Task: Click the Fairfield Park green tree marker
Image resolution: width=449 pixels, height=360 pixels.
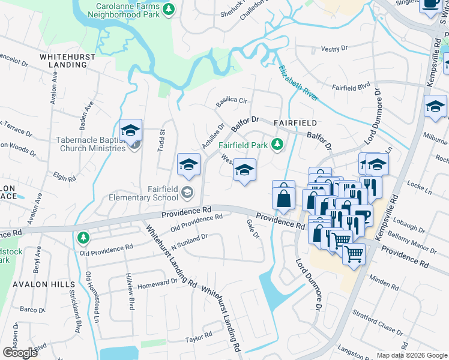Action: point(277,144)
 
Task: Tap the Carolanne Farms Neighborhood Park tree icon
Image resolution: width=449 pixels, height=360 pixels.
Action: point(169,8)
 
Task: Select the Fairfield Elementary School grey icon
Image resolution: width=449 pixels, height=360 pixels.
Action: point(188,192)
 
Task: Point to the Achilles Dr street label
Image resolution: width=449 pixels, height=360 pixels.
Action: point(212,137)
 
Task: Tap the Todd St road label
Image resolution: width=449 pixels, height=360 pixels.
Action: point(161,140)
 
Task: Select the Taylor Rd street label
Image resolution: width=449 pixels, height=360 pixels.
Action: point(199,336)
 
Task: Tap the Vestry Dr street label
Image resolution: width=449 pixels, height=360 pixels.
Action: point(334,49)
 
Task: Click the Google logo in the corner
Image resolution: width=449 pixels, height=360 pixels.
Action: point(20,353)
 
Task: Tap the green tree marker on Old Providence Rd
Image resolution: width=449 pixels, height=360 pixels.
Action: point(83,238)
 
